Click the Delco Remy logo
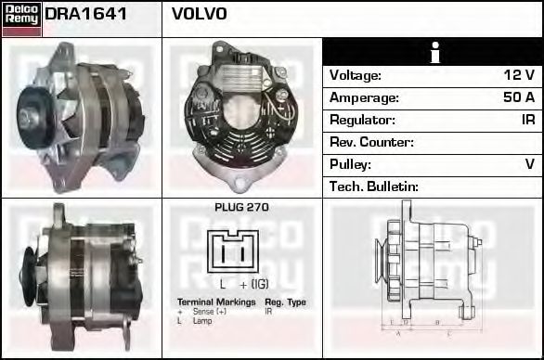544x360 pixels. pyautogui.click(x=20, y=18)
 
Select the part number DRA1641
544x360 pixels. pyautogui.click(x=86, y=15)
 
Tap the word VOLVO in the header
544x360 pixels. pyautogui.click(x=200, y=15)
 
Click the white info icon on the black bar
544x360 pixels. pyautogui.click(x=433, y=53)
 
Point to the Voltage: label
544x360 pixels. pyautogui.click(x=356, y=76)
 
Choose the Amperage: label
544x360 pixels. pyautogui.click(x=364, y=97)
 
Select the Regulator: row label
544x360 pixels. pyautogui.click(x=362, y=120)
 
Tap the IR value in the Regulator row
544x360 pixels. pyautogui.click(x=527, y=120)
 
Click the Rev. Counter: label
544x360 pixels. pyautogui.click(x=371, y=142)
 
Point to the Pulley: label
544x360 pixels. pyautogui.click(x=350, y=164)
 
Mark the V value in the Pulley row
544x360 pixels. pyautogui.click(x=529, y=164)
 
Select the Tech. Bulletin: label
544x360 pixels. pyautogui.click(x=374, y=186)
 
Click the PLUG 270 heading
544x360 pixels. pyautogui.click(x=240, y=208)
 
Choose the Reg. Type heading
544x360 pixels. pyautogui.click(x=285, y=302)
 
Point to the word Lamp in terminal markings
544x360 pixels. pyautogui.click(x=202, y=320)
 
